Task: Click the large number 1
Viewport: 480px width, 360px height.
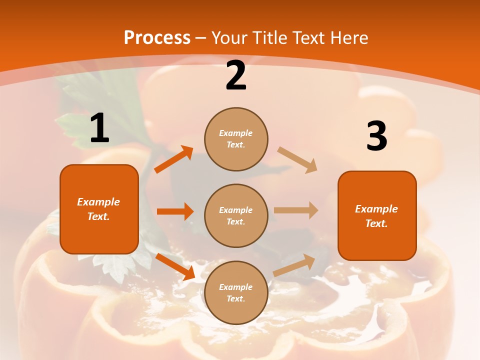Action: click(99, 128)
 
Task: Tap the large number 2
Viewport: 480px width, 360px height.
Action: click(236, 75)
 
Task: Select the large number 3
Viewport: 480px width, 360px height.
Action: click(376, 136)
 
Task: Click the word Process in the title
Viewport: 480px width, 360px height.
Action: click(157, 37)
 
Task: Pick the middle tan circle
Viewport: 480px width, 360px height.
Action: click(236, 215)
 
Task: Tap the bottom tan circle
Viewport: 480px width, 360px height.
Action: click(236, 292)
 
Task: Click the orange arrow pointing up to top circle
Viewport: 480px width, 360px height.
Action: click(173, 159)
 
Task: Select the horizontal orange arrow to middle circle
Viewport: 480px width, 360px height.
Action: click(175, 211)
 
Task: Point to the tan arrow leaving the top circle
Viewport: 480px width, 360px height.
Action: click(297, 160)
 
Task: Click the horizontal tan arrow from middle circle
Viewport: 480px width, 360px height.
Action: click(295, 210)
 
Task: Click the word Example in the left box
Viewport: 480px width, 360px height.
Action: click(98, 202)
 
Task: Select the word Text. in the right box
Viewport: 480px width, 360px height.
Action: click(376, 223)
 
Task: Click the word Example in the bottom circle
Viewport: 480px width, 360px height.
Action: click(236, 287)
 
